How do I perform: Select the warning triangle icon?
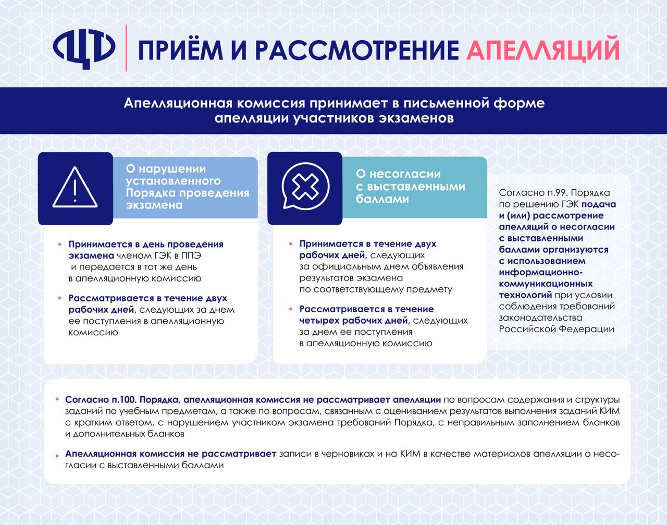click(76, 188)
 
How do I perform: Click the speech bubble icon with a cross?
click(305, 187)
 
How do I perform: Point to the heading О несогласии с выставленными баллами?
click(410, 186)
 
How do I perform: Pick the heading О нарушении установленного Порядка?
click(188, 187)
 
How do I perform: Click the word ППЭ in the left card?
click(191, 255)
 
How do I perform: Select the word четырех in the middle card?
click(318, 320)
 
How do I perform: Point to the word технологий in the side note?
click(525, 295)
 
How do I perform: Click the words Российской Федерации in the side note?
click(556, 329)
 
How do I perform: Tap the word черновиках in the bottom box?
click(345, 454)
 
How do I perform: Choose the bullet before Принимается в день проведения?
click(60, 244)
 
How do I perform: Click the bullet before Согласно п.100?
click(57, 400)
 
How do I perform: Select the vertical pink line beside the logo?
click(127, 48)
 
